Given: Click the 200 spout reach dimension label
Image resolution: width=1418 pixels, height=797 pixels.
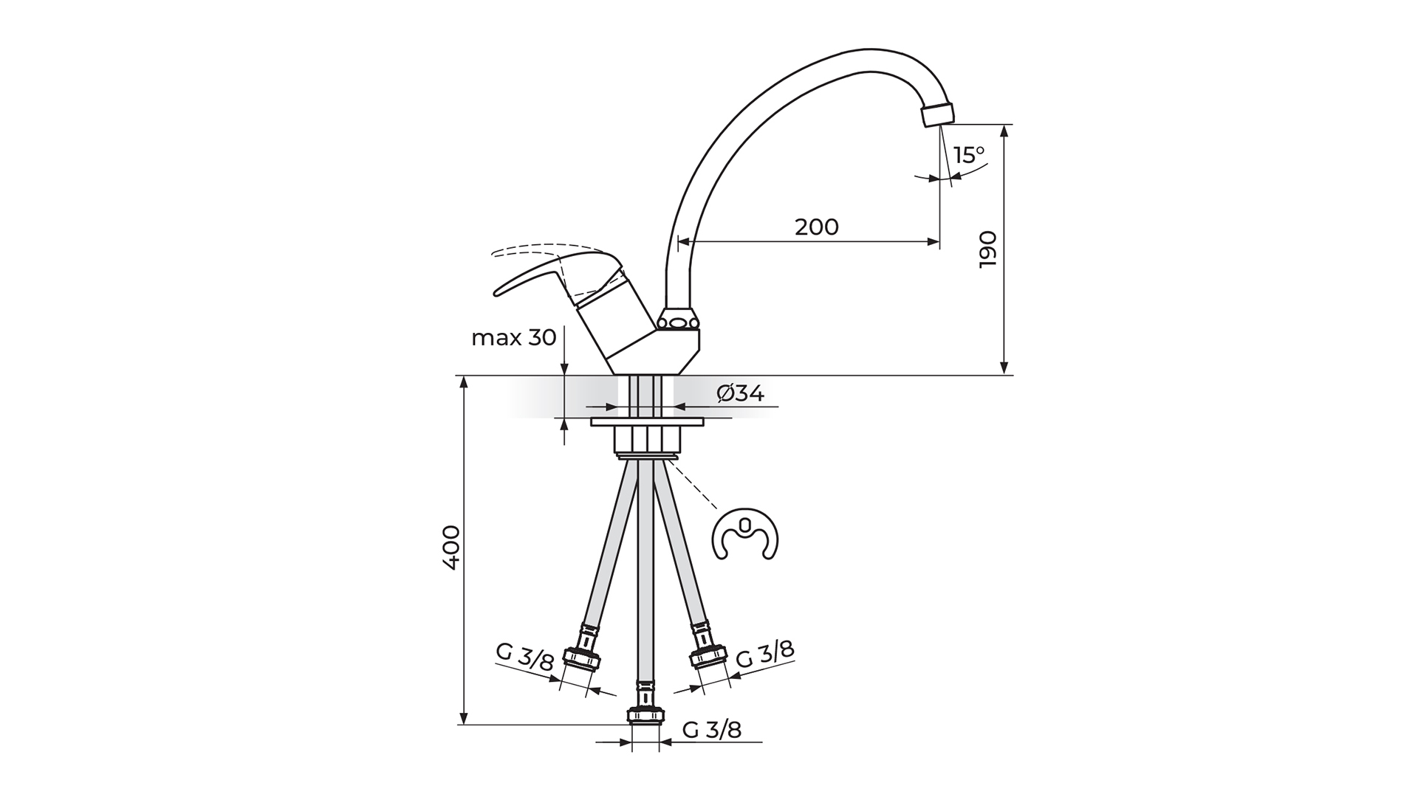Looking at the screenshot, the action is pos(817,227).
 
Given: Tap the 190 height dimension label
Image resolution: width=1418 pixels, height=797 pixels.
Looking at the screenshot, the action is pos(987,249).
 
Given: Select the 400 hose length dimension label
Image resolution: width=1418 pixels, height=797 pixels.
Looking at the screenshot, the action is pos(451,546).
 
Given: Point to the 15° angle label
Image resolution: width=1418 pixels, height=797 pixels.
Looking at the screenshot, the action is pos(968,155).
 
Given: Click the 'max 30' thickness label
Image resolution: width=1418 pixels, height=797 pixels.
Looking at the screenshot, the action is pos(514,338).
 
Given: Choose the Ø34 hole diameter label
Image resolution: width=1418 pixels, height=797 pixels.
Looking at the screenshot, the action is pos(740,394).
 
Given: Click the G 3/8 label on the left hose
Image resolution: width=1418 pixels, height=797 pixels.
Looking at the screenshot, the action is pos(524,657).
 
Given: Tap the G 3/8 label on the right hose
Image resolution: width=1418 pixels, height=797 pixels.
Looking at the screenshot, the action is pos(766,654).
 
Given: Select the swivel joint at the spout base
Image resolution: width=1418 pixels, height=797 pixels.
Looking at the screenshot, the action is pos(678,321).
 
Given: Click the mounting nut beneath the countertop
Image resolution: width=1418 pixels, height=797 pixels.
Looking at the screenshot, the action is pos(646,439).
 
